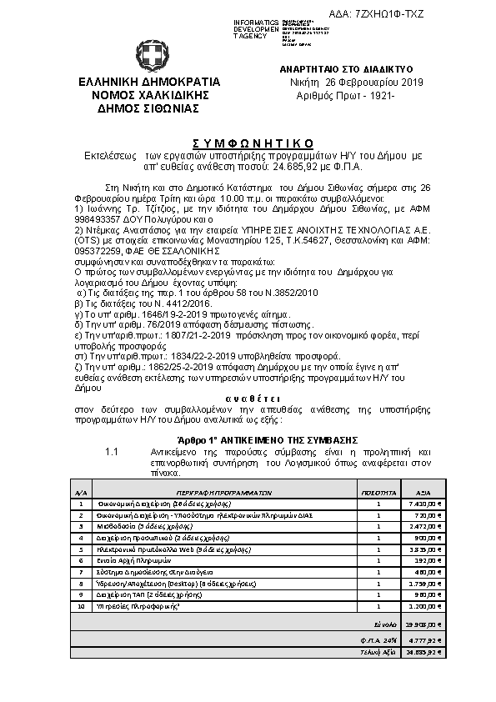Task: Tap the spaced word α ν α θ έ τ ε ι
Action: pos(248,400)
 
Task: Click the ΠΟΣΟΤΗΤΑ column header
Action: pos(378,493)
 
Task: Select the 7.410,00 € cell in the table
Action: pos(425,504)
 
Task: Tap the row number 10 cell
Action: pos(80,608)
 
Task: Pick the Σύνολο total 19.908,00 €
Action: pos(423,623)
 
